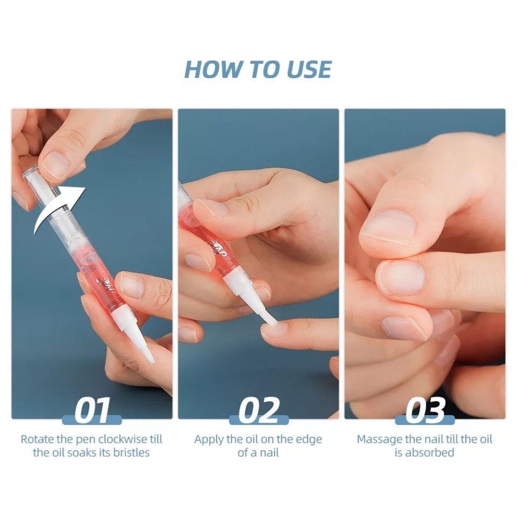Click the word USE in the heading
pyautogui.click(x=307, y=69)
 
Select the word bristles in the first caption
pyautogui.click(x=130, y=452)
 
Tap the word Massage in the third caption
pyautogui.click(x=379, y=439)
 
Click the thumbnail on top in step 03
pyautogui.click(x=388, y=226)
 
